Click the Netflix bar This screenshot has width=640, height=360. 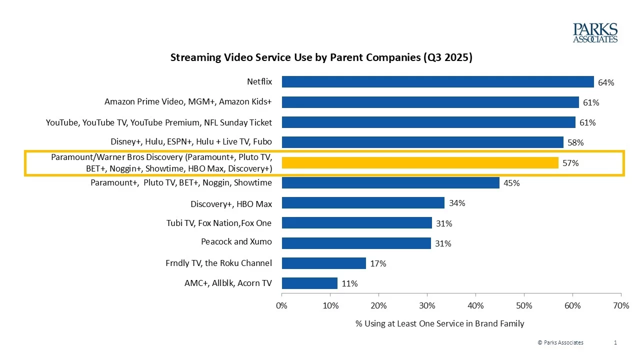click(437, 82)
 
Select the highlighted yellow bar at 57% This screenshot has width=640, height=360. click(420, 162)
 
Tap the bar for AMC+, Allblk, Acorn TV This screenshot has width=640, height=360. click(309, 283)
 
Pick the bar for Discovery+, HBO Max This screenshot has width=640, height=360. click(363, 202)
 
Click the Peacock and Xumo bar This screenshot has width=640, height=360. click(356, 243)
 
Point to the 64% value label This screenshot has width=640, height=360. click(606, 83)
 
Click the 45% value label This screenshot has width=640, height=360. click(511, 183)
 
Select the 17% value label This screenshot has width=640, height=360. click(378, 263)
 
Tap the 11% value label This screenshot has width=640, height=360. click(349, 283)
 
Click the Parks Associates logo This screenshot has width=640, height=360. click(595, 33)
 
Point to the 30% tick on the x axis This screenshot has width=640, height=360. click(427, 305)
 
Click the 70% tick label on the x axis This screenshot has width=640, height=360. click(620, 305)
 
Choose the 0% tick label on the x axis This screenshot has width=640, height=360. click(282, 305)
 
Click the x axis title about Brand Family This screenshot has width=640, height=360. click(439, 323)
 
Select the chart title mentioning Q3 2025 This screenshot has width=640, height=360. click(321, 57)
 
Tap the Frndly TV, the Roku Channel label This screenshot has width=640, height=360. click(218, 263)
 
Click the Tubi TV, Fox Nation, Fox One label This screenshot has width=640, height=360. click(218, 223)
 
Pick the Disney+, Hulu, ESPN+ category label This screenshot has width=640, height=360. click(191, 142)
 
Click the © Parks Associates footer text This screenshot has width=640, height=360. click(560, 342)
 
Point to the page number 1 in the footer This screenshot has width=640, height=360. click(615, 342)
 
